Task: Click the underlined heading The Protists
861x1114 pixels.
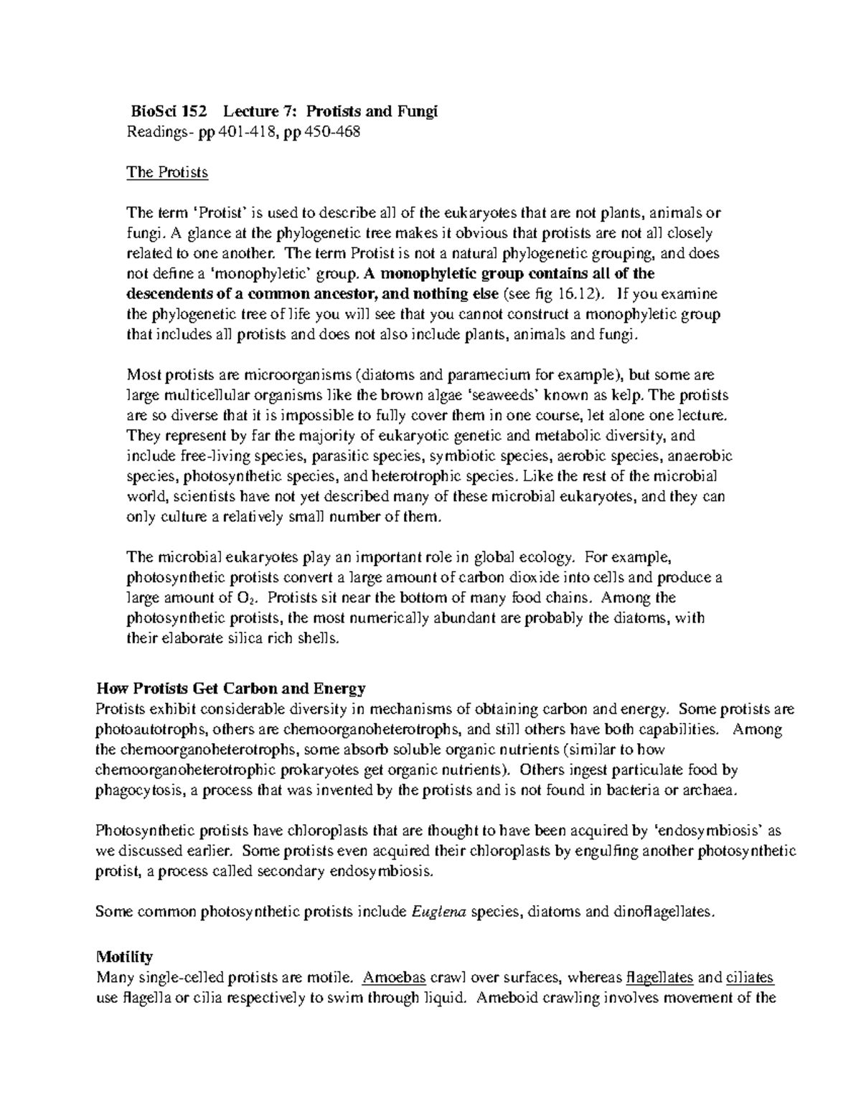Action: (167, 172)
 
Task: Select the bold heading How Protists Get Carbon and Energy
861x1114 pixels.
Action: (231, 689)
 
